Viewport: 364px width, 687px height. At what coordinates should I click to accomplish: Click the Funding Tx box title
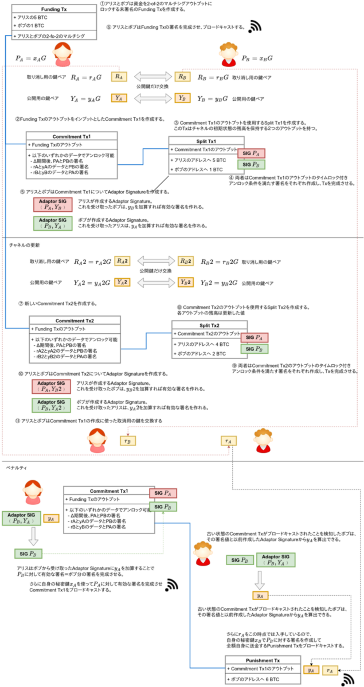coord(54,9)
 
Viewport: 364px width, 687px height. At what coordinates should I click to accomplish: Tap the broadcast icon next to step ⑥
coord(255,27)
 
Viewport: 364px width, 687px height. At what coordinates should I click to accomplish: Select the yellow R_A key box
coord(119,77)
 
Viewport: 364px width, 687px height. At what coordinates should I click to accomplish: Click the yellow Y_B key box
coord(182,98)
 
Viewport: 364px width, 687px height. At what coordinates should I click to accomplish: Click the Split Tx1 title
coord(206,141)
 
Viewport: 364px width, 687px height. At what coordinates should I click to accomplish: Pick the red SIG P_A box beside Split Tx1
coord(251,153)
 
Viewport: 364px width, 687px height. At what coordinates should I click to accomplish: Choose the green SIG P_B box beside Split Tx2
coord(254,349)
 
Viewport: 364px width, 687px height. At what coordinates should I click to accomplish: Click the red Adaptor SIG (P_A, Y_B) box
coord(53,204)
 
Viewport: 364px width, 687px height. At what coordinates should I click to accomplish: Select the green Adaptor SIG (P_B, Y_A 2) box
coord(51,405)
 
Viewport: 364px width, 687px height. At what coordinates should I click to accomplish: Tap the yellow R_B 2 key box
coord(186,261)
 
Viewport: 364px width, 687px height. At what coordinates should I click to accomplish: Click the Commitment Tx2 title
coord(74,321)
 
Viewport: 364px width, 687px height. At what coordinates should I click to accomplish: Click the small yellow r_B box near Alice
coord(128,441)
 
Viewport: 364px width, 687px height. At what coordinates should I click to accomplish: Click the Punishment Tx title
coord(263,660)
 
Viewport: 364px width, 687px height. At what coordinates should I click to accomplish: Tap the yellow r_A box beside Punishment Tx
coord(330,671)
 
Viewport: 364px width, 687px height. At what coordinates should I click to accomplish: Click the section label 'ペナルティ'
coord(16,468)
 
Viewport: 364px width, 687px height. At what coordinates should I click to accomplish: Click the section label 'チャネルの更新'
coord(24,245)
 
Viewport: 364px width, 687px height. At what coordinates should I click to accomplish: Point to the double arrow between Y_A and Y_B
coord(153,98)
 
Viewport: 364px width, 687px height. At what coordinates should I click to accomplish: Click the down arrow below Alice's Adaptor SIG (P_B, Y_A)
coord(33,536)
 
